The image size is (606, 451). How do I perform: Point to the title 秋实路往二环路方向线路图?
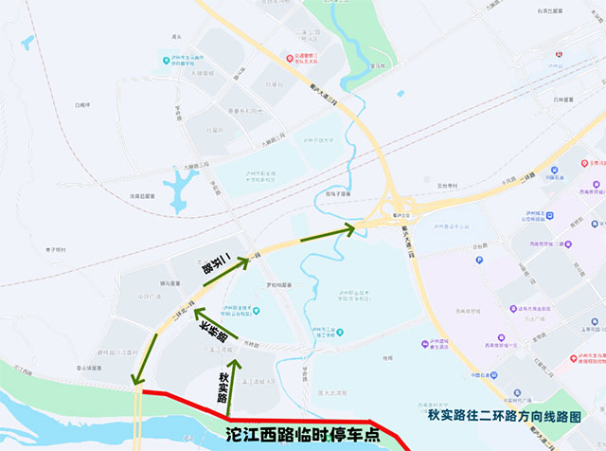click(503, 414)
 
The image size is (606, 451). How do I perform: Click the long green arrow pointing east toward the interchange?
click(327, 231)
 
